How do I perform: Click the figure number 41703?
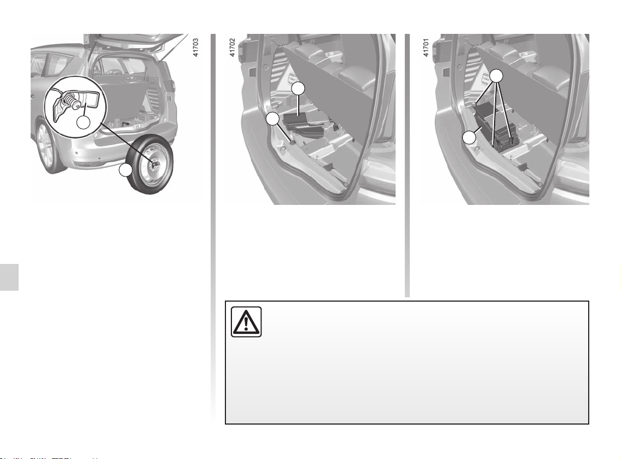tap(195, 48)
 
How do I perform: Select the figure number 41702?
tap(233, 48)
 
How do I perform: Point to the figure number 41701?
tap(426, 48)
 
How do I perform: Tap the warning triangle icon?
tap(246, 322)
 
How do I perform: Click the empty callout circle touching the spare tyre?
tap(125, 170)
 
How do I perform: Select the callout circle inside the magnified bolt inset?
tap(84, 122)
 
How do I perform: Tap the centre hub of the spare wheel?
tap(154, 163)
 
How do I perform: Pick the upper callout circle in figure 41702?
tap(299, 89)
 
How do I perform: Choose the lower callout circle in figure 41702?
tap(272, 119)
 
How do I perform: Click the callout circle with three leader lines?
tap(496, 76)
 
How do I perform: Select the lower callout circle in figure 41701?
tap(469, 138)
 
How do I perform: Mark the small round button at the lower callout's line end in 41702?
tap(293, 142)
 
